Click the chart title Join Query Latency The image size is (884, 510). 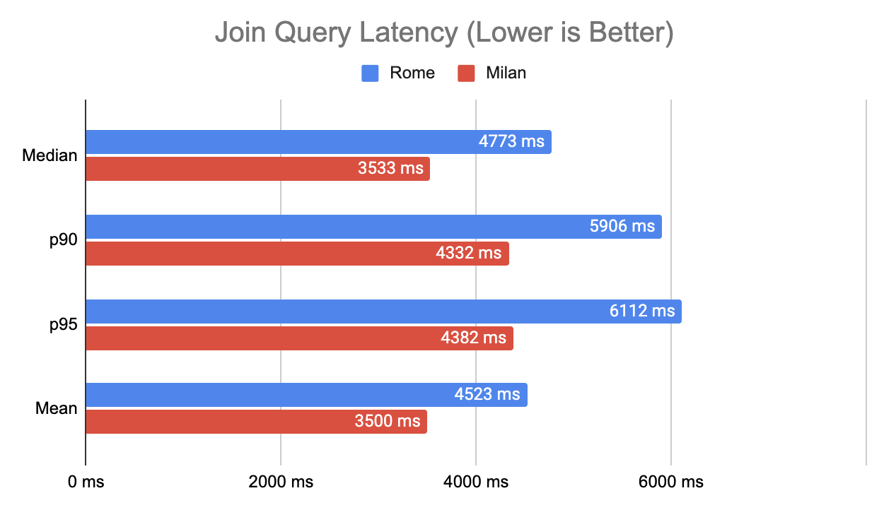click(x=443, y=34)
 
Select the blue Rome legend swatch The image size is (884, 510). click(x=371, y=73)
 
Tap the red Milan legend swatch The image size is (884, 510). click(x=466, y=73)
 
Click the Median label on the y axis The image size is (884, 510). click(x=50, y=155)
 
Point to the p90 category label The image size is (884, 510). click(x=63, y=240)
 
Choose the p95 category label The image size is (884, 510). click(x=63, y=324)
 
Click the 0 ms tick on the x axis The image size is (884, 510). click(x=86, y=482)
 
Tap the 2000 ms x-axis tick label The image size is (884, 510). click(x=281, y=482)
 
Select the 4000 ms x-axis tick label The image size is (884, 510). click(x=476, y=482)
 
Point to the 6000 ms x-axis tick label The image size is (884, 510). click(x=671, y=482)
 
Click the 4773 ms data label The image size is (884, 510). click(x=511, y=141)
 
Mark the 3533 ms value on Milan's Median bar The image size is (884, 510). click(x=390, y=169)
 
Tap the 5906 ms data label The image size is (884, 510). click(x=622, y=226)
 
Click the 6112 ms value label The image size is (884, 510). click(x=642, y=311)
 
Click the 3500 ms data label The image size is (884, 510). click(x=387, y=422)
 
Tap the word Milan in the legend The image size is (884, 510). click(x=506, y=73)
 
